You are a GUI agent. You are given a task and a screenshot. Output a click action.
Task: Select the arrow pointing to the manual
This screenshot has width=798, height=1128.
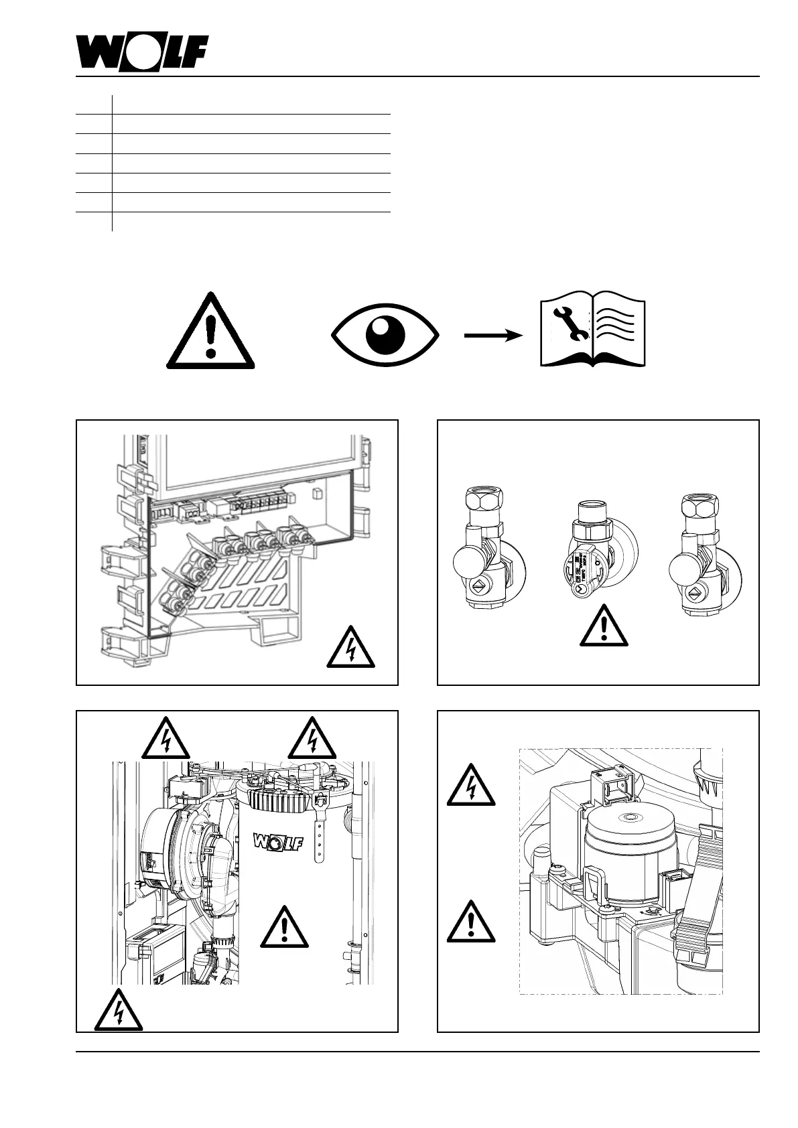492,336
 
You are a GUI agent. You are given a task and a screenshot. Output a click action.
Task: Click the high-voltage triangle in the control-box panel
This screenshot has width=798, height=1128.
351,648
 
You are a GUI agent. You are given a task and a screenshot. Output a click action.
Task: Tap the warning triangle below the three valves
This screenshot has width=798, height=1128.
604,627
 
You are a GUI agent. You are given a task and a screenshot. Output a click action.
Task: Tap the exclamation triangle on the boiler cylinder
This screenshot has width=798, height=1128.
285,928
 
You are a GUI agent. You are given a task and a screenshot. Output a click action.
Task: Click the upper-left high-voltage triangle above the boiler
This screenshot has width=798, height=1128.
165,739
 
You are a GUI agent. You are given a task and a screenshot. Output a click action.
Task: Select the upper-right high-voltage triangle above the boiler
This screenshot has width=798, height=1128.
312,739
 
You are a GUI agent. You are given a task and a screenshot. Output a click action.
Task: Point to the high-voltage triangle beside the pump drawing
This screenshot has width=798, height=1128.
472,786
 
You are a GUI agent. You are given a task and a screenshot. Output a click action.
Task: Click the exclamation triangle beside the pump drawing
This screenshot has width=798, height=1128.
472,923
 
